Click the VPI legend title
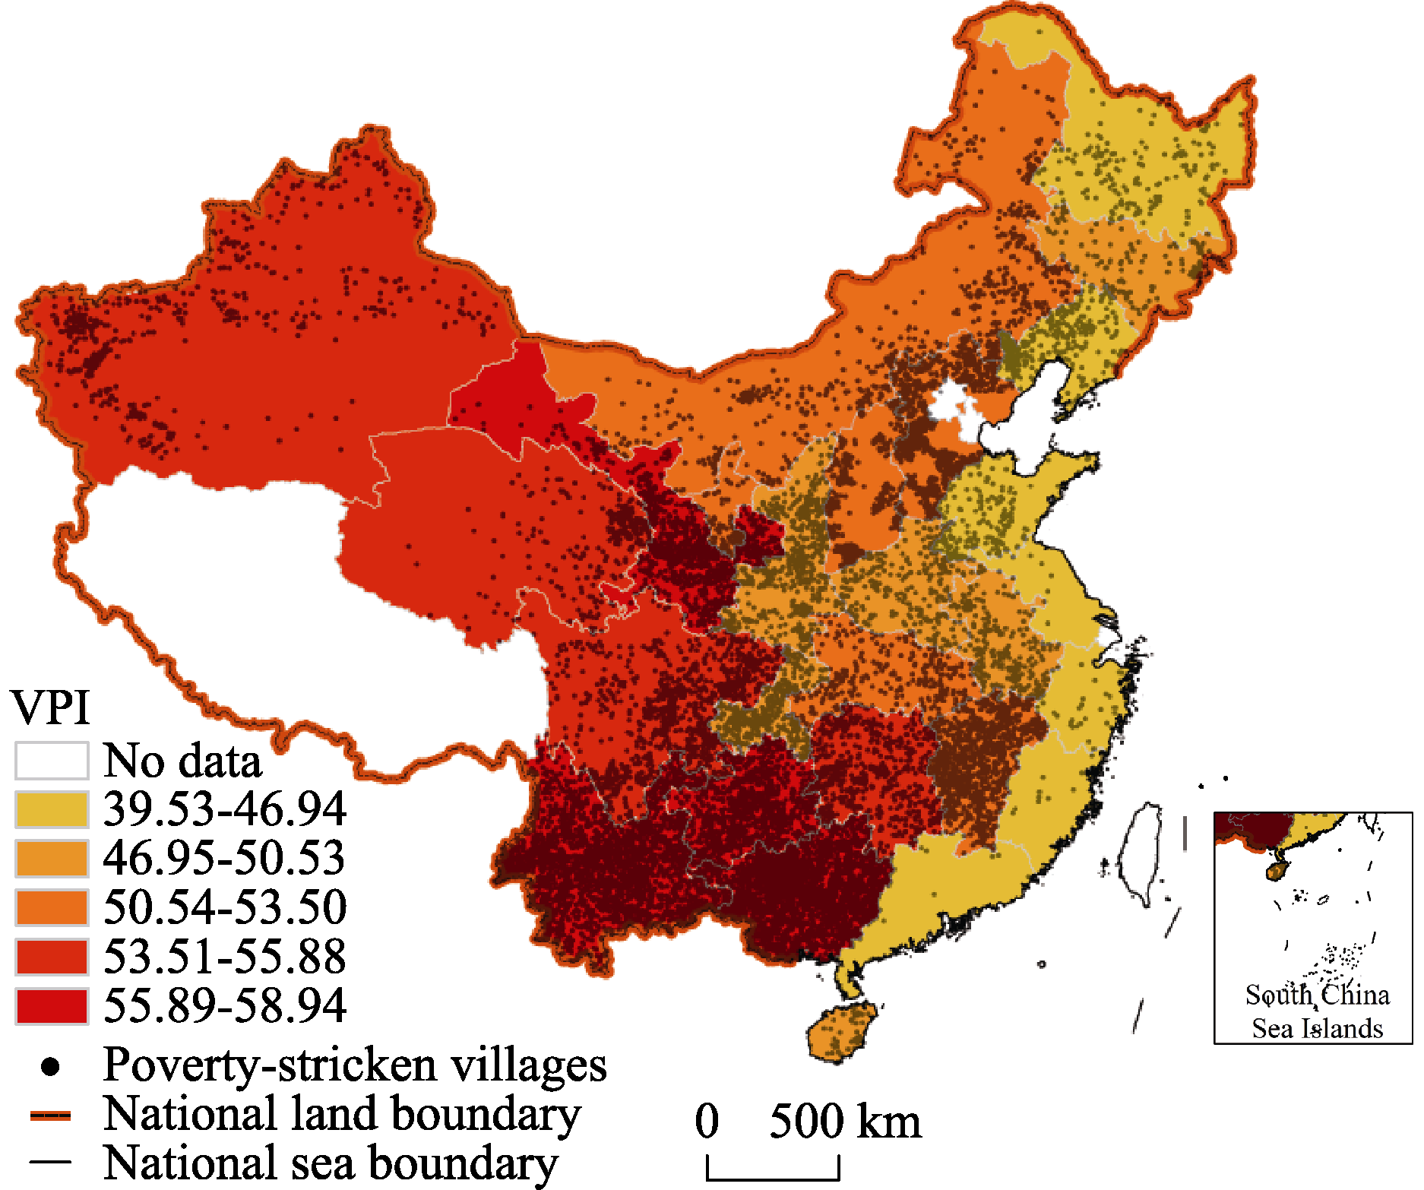51,707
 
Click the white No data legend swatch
52,761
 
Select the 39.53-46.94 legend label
224,809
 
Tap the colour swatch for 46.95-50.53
52,858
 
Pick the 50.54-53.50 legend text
224,907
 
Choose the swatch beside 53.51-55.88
52,957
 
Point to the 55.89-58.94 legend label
224,1005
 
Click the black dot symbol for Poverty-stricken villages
50,1067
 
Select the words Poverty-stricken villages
355,1065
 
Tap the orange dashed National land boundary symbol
50,1116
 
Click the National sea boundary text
331,1163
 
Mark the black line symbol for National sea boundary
50,1162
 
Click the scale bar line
773,1179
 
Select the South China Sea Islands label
1317,1011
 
